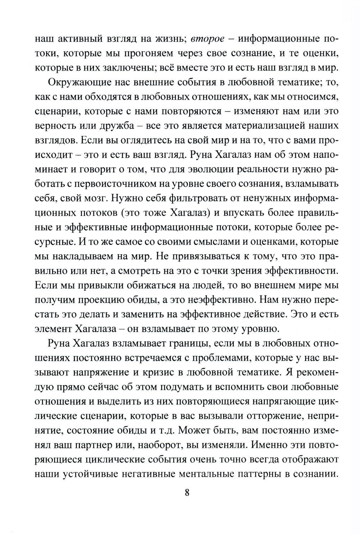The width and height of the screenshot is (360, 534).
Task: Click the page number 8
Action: click(x=187, y=493)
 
